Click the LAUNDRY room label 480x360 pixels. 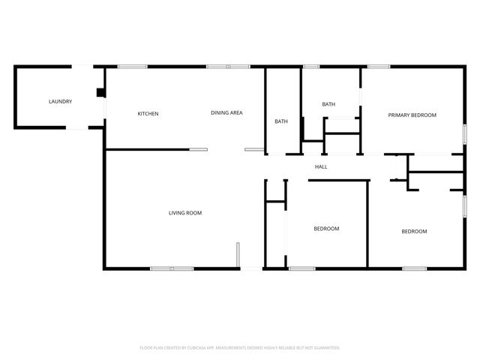click(60, 101)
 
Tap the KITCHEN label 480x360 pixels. click(148, 114)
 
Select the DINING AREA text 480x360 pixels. click(226, 113)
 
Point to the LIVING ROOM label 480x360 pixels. click(184, 213)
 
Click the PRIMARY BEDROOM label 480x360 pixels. click(412, 115)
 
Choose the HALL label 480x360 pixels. click(321, 166)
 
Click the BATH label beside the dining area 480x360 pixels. click(281, 121)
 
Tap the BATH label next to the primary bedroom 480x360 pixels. click(328, 104)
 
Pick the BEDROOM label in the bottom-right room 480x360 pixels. click(414, 231)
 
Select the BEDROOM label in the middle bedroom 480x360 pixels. click(326, 229)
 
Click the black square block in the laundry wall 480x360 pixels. click(100, 93)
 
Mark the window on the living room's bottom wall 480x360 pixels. click(172, 268)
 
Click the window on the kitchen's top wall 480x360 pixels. click(131, 67)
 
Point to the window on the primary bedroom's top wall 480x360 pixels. click(378, 67)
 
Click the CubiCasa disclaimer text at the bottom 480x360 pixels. click(240, 348)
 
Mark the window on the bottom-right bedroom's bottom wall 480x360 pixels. click(414, 268)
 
